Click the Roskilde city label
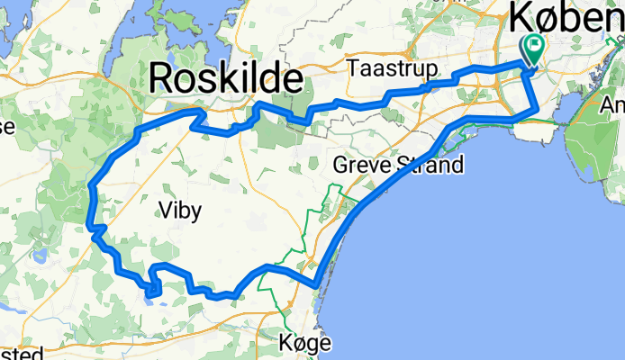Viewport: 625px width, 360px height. (x=225, y=78)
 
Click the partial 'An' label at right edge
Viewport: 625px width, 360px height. (x=613, y=105)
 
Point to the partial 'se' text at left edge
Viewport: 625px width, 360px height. (x=6, y=127)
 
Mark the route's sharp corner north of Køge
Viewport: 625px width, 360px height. (x=316, y=286)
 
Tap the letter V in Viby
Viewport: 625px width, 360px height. (x=164, y=211)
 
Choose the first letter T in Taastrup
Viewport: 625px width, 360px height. (x=357, y=69)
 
